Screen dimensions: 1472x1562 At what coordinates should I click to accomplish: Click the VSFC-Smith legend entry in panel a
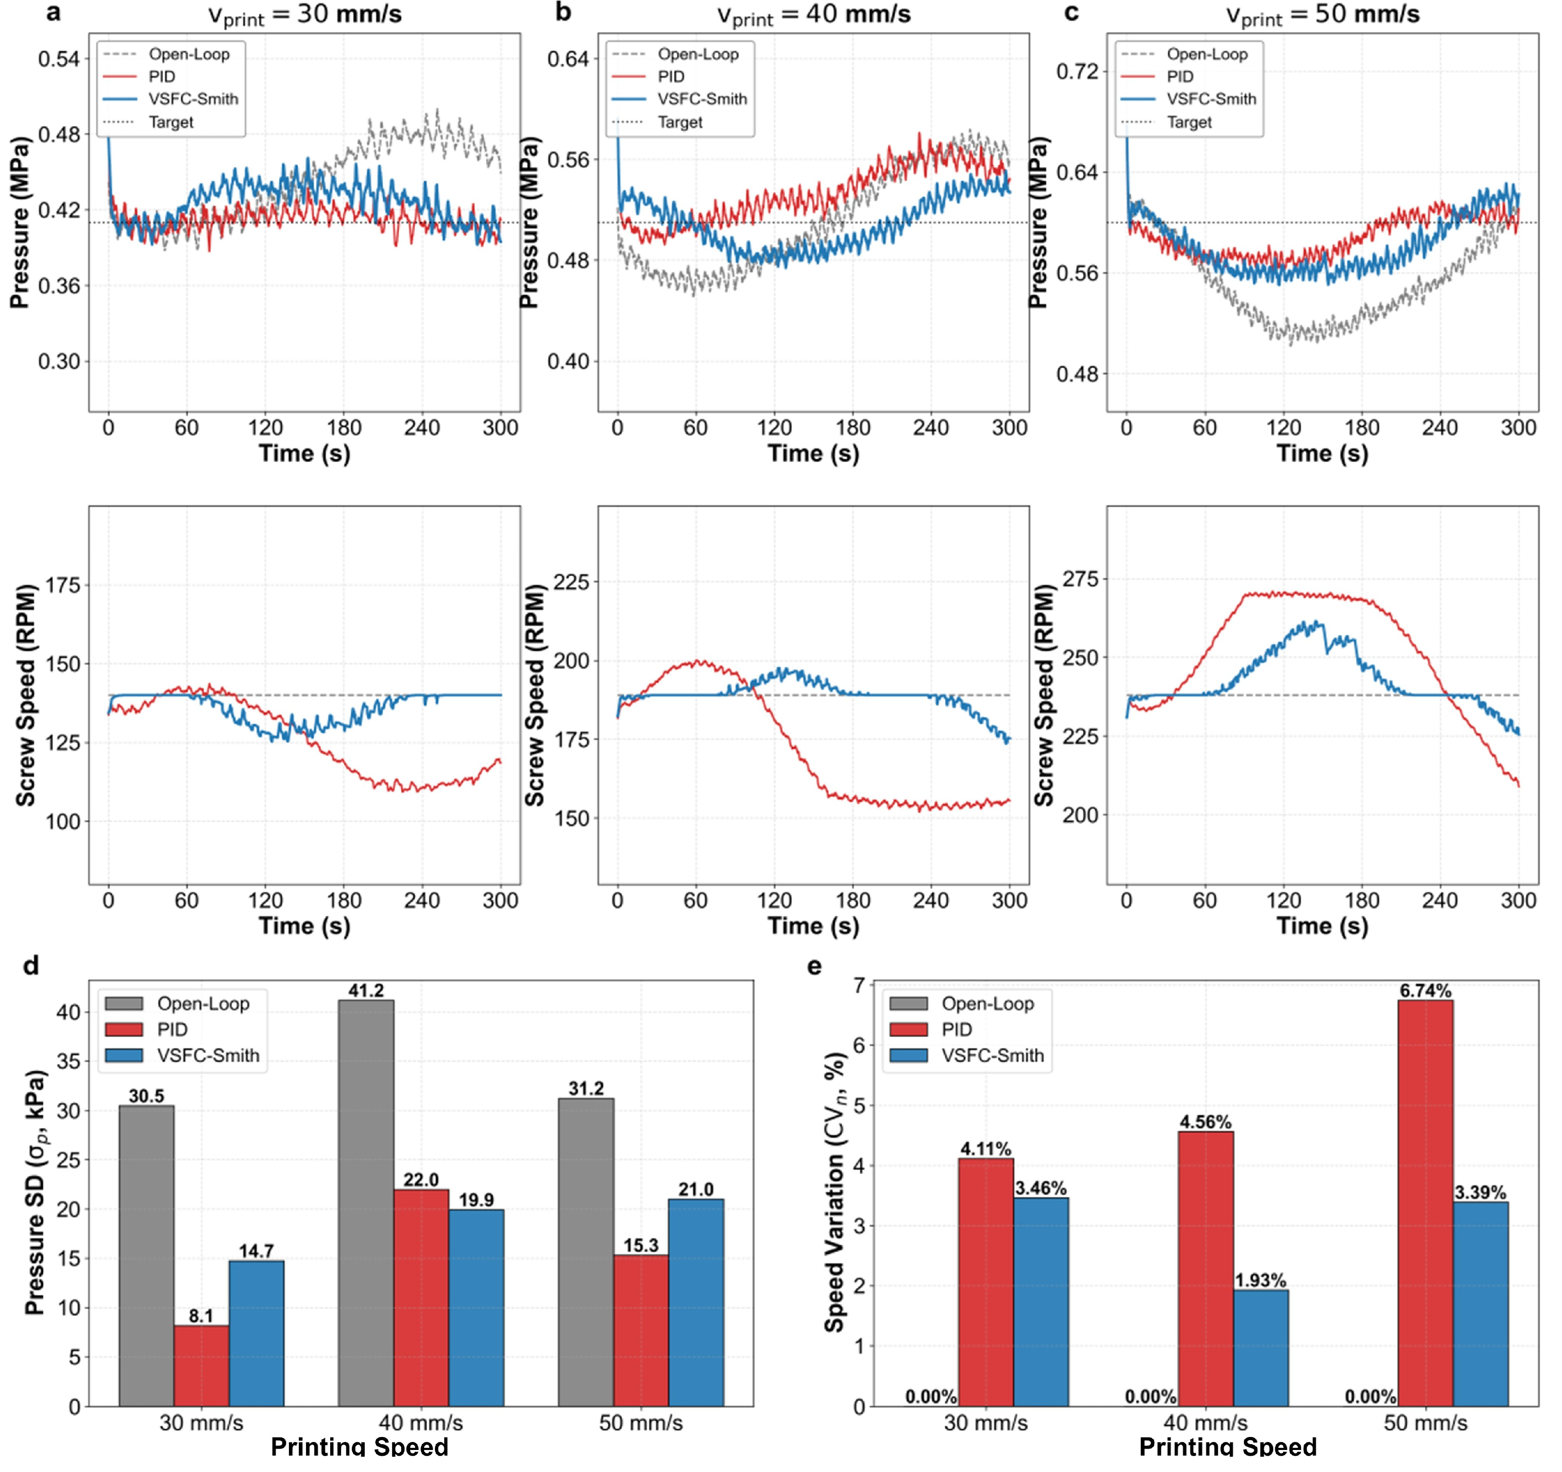[x=193, y=99]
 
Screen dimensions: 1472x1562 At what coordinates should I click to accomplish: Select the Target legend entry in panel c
[x=1189, y=122]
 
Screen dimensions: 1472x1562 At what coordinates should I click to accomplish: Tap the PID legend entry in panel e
[x=956, y=1029]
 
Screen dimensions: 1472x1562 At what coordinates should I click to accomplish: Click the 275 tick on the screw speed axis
[x=1080, y=579]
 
